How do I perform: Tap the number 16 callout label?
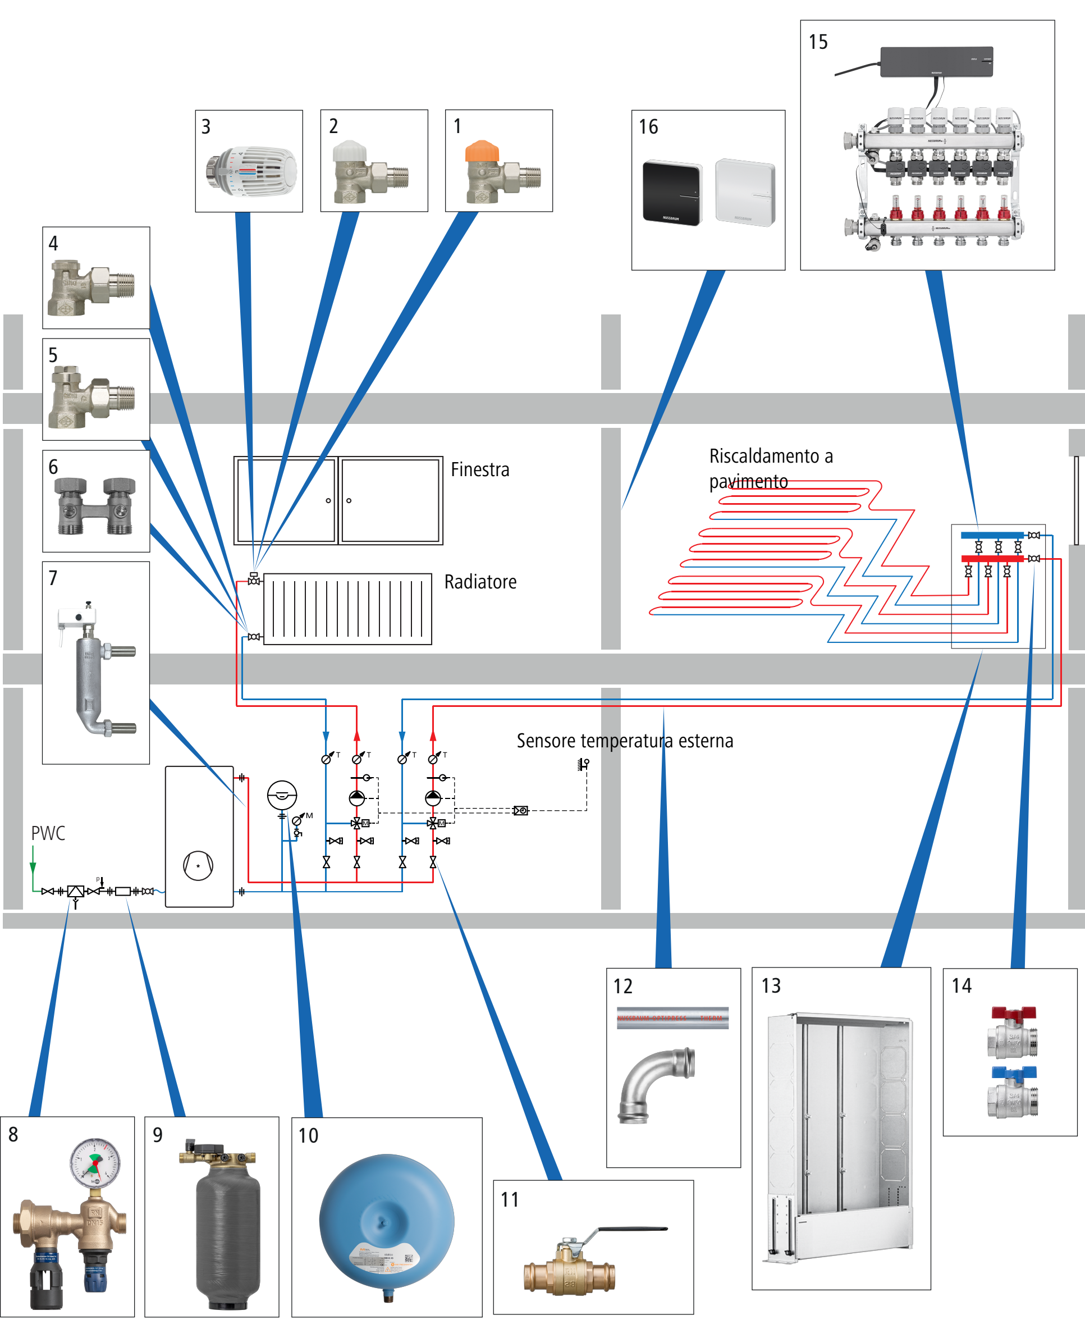(648, 127)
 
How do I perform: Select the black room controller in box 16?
(672, 193)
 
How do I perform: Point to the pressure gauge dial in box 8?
(95, 1162)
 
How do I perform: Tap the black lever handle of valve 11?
(631, 1229)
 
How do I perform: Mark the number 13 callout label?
(771, 986)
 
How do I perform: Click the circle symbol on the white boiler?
(198, 866)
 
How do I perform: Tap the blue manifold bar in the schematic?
(992, 535)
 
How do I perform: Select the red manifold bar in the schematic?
(992, 558)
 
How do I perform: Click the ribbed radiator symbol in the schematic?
(347, 609)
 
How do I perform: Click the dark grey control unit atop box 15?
(936, 62)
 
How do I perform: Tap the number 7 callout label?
(53, 578)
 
